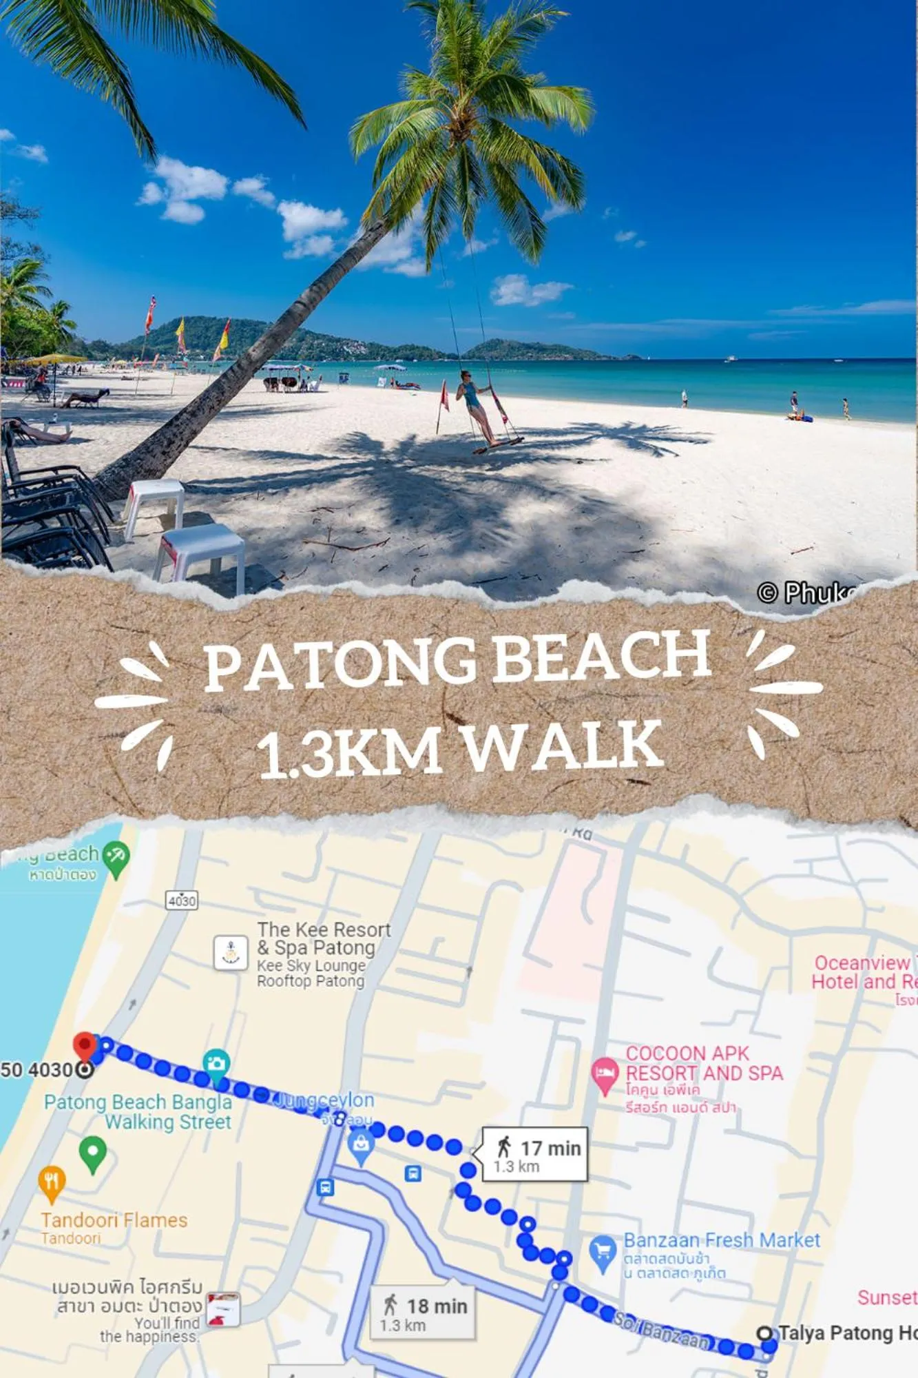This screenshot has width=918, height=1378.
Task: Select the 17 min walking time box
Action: click(x=534, y=1155)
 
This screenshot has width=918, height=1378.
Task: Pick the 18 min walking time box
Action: click(x=422, y=1313)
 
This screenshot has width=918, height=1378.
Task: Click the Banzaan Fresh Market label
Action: click(x=721, y=1240)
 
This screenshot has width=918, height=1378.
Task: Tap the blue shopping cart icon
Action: click(x=603, y=1251)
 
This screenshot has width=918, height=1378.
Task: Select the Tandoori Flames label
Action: click(x=114, y=1220)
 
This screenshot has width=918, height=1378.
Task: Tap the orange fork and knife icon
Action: click(x=52, y=1182)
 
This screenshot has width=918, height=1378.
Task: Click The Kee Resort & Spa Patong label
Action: click(x=323, y=938)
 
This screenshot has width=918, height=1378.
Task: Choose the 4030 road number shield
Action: click(x=182, y=901)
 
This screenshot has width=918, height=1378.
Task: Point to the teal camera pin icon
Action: click(x=216, y=1063)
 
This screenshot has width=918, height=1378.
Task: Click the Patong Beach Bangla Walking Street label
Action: click(x=138, y=1112)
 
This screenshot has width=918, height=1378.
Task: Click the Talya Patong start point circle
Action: click(x=764, y=1333)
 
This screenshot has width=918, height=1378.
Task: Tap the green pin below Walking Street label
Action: click(x=92, y=1153)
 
